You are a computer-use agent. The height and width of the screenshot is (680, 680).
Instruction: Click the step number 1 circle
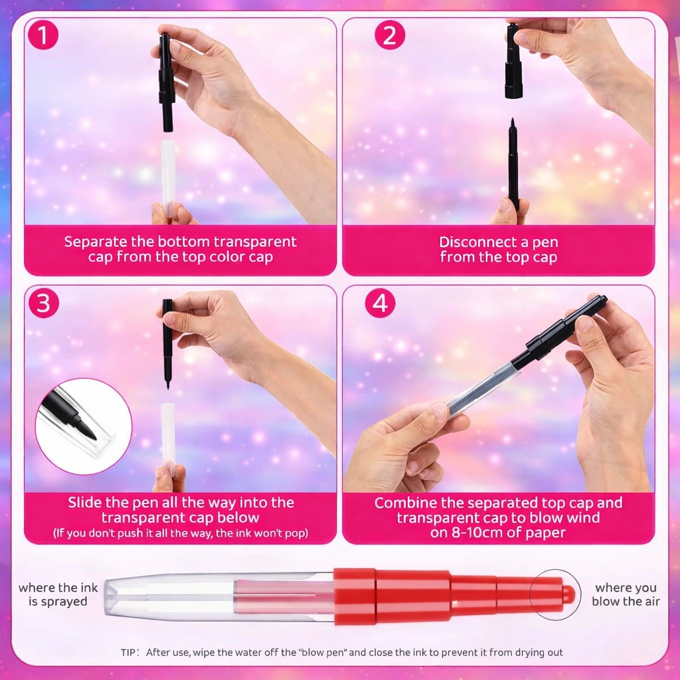coord(43,35)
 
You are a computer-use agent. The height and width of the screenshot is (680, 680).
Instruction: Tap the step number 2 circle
coord(389,35)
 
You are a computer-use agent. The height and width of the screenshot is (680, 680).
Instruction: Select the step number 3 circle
coord(43,303)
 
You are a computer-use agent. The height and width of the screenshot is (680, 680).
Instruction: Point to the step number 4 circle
coord(380,303)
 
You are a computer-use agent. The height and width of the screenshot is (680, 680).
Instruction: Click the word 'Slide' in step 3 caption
coord(84,502)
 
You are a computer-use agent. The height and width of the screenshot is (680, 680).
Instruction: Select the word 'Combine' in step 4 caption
coord(404,503)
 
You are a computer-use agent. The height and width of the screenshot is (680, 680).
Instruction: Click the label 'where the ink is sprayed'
coord(58,594)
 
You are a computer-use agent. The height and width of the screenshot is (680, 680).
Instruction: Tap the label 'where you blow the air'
coord(626,594)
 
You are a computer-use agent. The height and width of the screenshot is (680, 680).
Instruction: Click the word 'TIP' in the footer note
coord(128,652)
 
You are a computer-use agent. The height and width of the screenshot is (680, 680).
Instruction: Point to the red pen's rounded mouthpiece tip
coord(568,594)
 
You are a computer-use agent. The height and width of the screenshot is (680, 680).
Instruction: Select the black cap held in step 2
coord(513,60)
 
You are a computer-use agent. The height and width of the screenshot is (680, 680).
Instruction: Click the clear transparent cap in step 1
coord(168,178)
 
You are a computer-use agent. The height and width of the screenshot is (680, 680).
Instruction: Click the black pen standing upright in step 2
coord(513,164)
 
